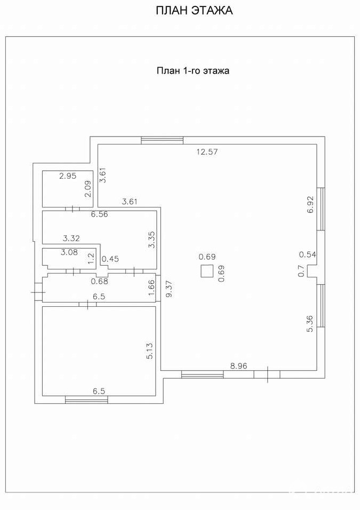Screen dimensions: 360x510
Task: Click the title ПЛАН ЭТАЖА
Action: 194,11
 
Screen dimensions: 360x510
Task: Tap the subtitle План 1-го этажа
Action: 193,70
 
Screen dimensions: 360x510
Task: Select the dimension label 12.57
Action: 207,152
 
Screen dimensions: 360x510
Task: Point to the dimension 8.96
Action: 239,366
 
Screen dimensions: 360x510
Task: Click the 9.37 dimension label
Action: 170,289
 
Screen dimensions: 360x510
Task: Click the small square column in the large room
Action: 207,271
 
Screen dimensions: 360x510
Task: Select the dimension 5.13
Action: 149,350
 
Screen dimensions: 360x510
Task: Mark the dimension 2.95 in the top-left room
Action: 68,176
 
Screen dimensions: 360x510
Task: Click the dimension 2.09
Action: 88,189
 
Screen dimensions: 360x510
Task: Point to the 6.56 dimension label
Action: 100,214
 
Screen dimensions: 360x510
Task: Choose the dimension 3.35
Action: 151,240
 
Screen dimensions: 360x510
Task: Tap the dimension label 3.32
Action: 71,238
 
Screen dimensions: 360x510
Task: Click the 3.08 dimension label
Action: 69,252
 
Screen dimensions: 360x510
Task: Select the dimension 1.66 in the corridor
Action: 151,288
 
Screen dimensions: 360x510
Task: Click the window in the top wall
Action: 162,140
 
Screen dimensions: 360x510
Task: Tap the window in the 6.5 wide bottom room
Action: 86,400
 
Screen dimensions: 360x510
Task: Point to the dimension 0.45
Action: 110,259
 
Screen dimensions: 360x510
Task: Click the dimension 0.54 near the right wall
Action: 308,254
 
